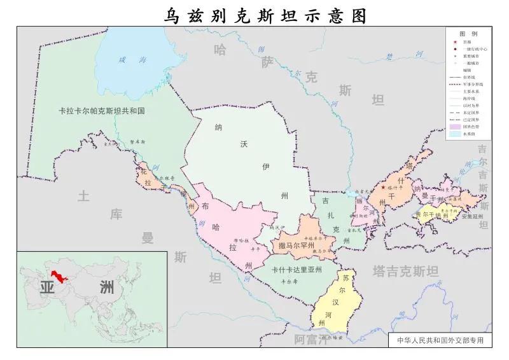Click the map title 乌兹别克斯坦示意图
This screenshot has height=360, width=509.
pyautogui.click(x=265, y=15)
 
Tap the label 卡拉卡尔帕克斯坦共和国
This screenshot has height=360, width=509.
pyautogui.click(x=98, y=111)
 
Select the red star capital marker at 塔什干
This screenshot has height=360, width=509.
pyautogui.click(x=382, y=188)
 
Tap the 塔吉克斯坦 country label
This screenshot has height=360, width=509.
pyautogui.click(x=406, y=272)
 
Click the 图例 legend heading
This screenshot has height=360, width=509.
pyautogui.click(x=468, y=33)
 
